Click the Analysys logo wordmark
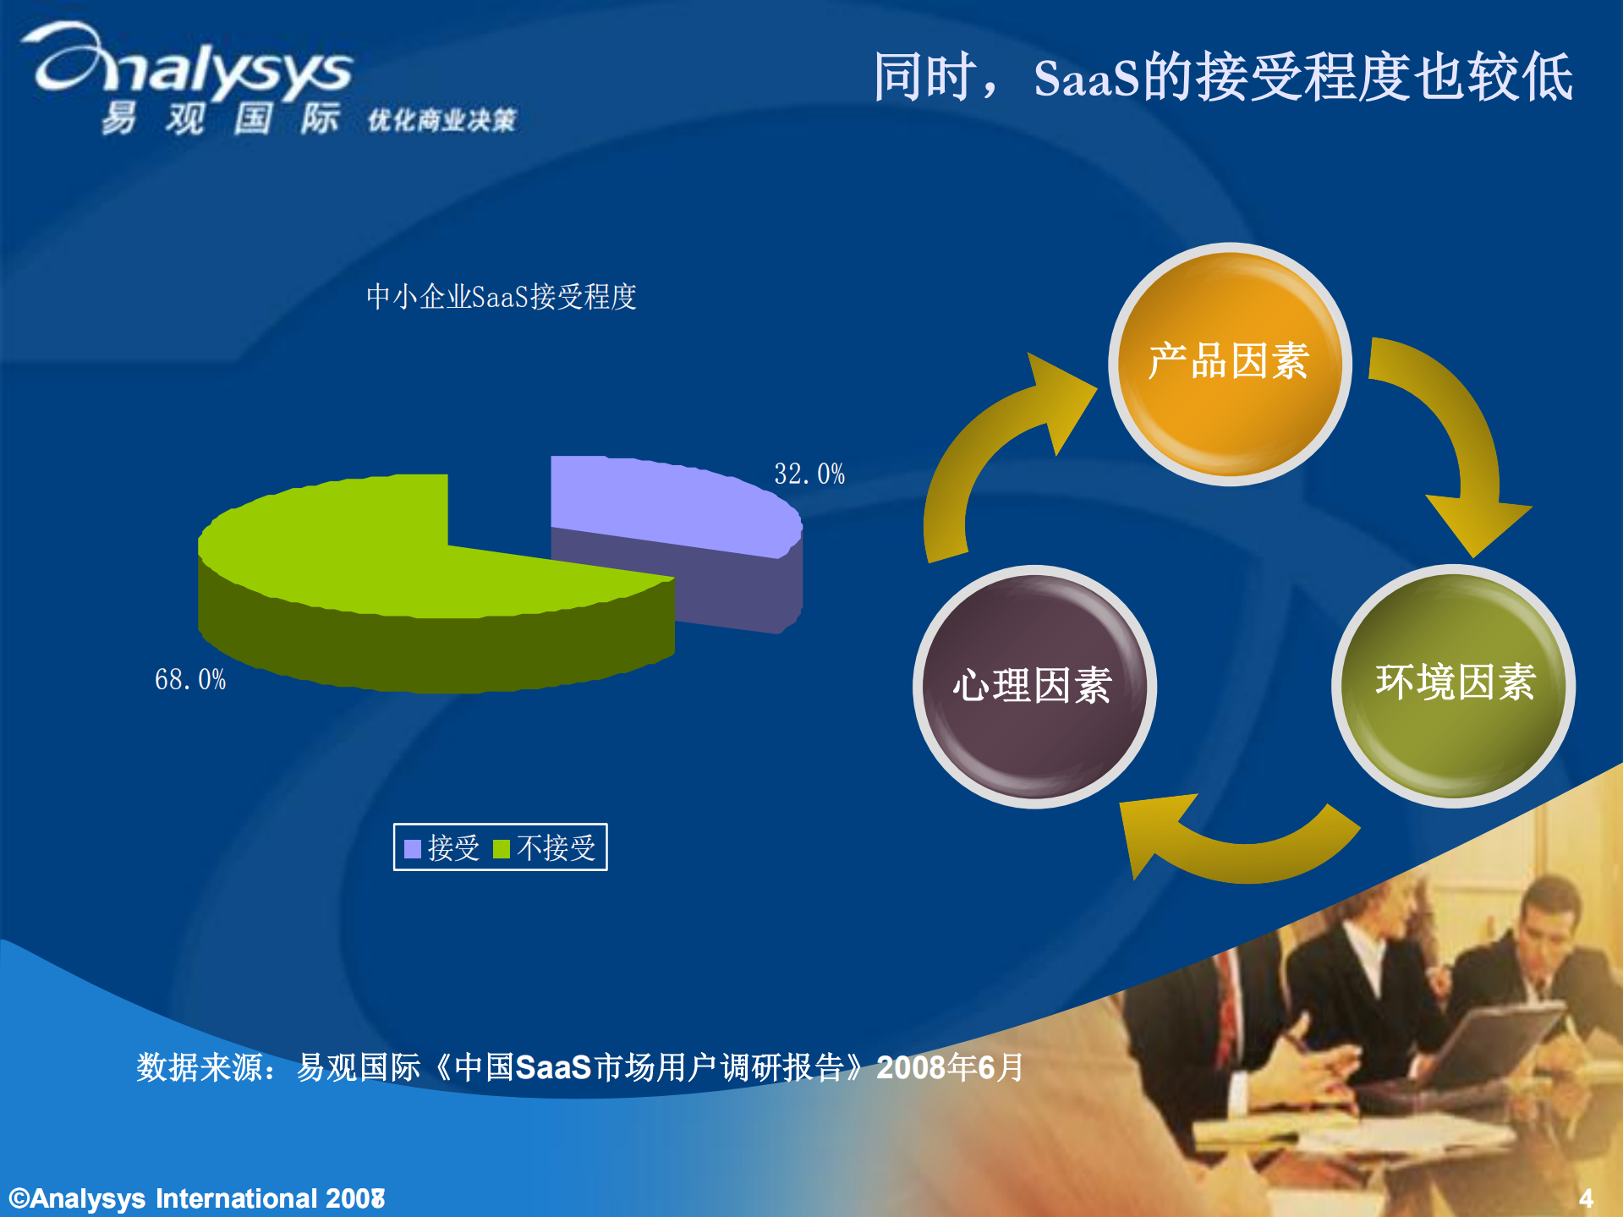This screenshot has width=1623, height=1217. [x=195, y=63]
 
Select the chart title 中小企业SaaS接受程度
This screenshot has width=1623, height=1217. [x=501, y=297]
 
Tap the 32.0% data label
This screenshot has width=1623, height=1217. [x=809, y=474]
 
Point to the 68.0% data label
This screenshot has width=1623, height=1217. [x=190, y=680]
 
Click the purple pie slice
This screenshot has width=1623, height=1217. [x=668, y=507]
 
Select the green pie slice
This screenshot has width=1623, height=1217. [x=381, y=558]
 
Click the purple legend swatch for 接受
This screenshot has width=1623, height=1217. [x=413, y=848]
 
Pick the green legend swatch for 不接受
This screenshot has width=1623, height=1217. [x=502, y=848]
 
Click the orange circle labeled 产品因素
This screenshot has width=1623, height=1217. [x=1229, y=365]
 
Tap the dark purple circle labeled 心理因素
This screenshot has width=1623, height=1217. [x=1034, y=686]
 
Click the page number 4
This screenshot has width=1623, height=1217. [x=1586, y=1198]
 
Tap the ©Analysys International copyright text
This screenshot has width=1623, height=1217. [x=196, y=1198]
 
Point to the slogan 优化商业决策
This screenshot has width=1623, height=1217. [x=441, y=121]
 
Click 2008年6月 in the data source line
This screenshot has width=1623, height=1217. [x=950, y=1067]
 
